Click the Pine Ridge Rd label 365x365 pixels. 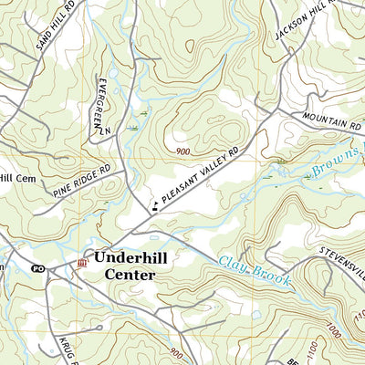point(88,179)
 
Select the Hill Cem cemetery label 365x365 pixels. point(16,178)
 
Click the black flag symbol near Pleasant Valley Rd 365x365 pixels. point(154,207)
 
